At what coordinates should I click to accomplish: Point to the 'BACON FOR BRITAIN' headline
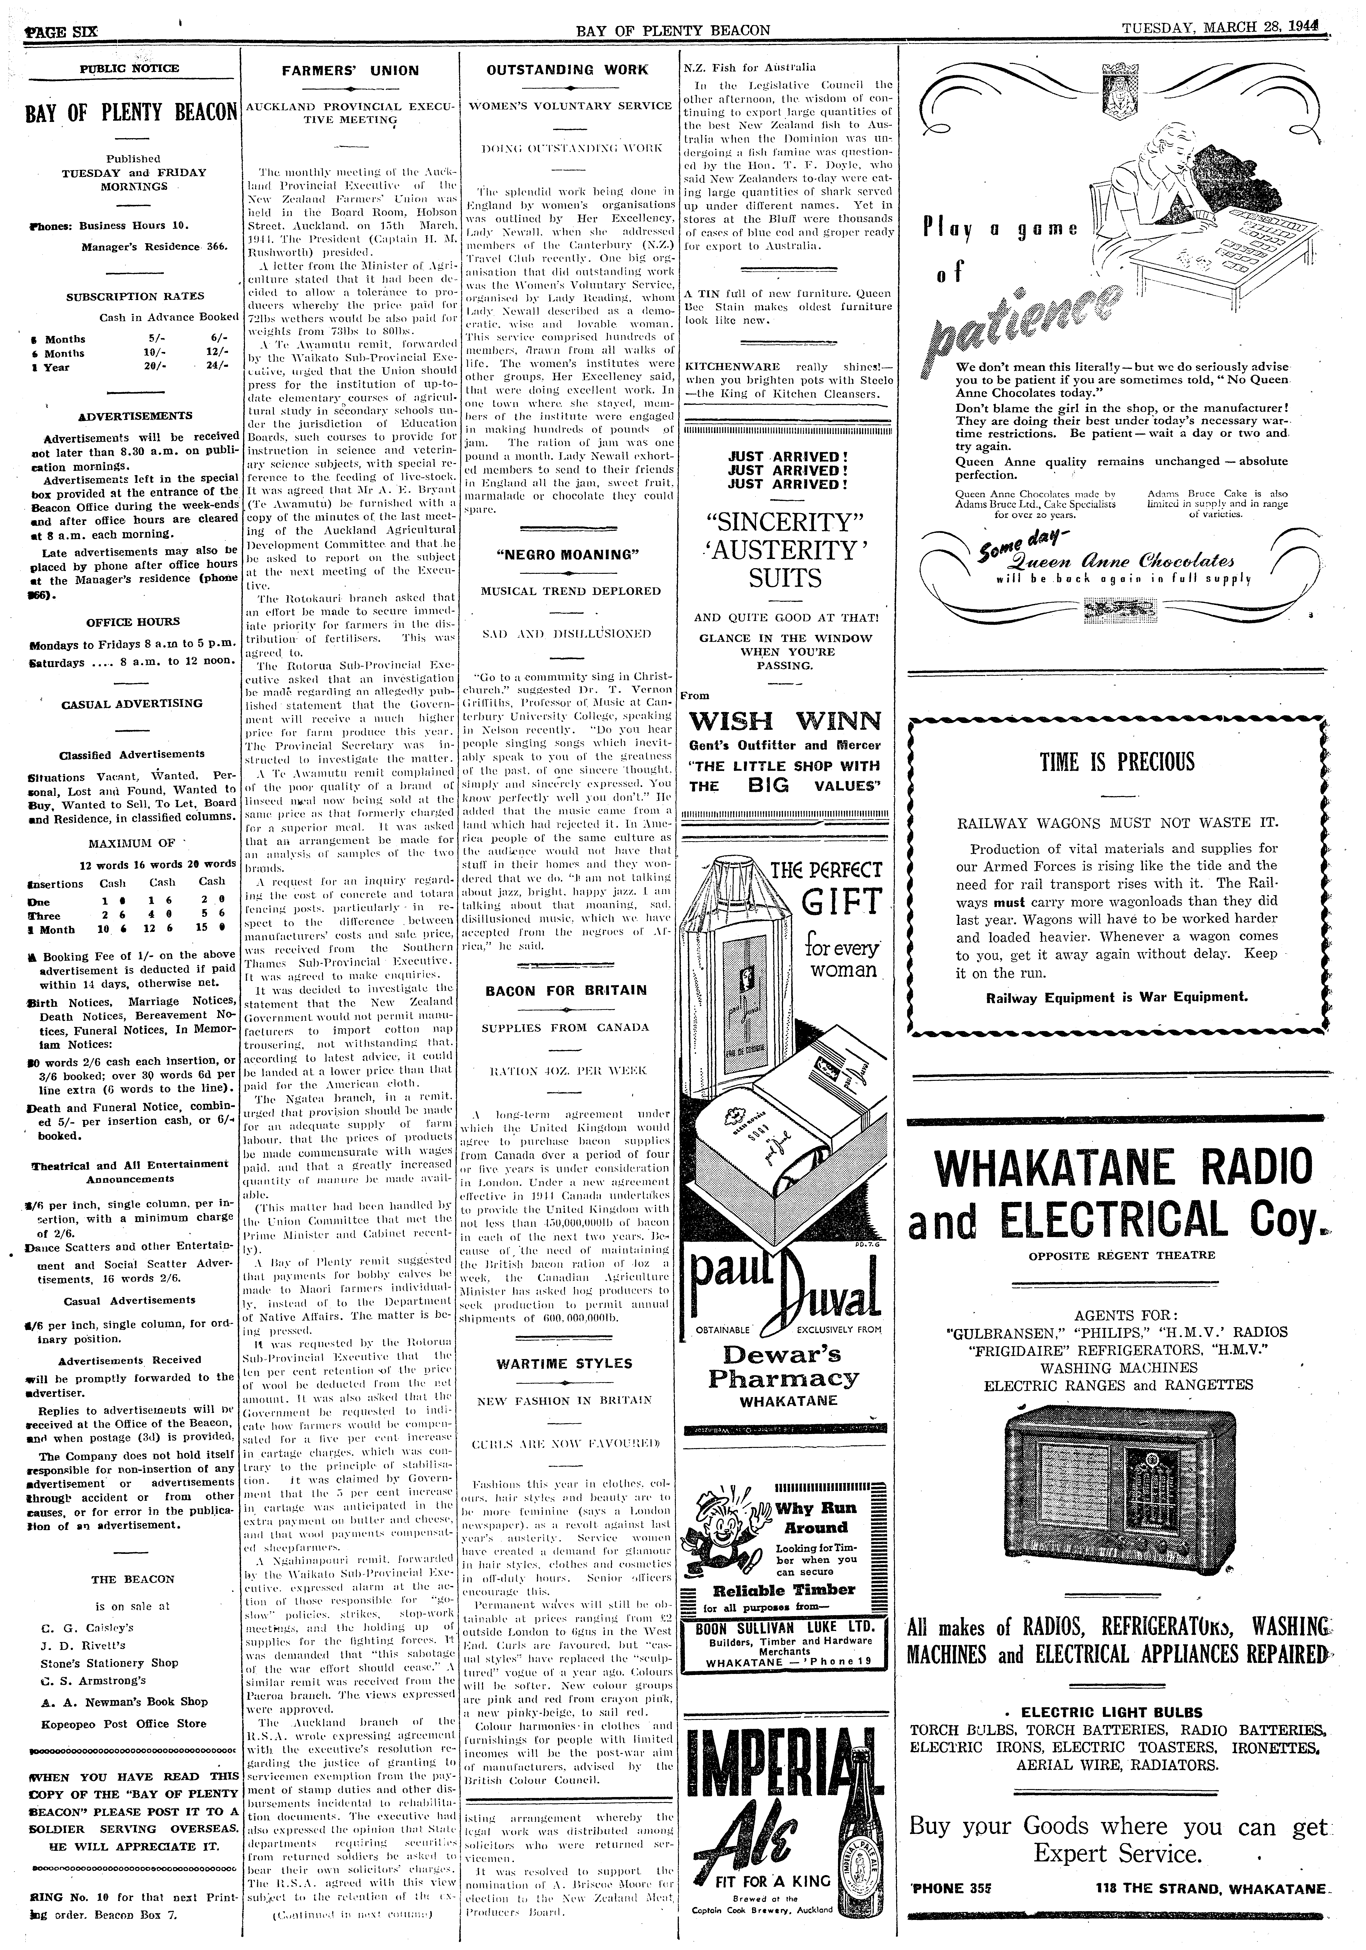click(567, 990)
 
